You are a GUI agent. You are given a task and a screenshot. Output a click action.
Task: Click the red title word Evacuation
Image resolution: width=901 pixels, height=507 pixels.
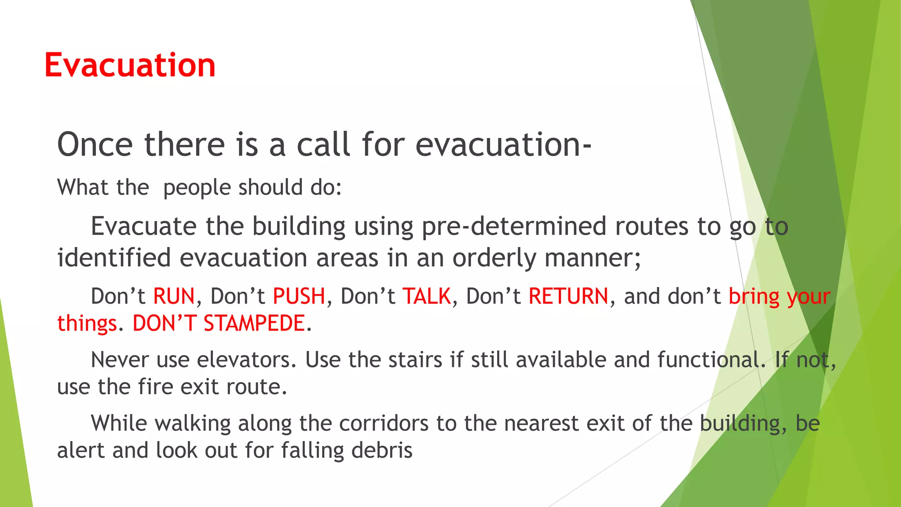[130, 65]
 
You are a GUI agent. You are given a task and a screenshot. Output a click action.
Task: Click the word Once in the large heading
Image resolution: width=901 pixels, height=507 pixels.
[95, 144]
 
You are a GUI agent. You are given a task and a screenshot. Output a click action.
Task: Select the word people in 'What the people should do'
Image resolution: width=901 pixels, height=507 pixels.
[197, 188]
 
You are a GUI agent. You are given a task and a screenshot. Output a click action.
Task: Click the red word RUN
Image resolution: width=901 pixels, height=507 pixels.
[174, 296]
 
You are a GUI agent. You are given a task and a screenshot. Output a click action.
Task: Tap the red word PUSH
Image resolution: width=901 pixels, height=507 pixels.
[299, 296]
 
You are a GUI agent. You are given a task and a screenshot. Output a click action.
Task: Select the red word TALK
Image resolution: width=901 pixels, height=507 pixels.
[427, 296]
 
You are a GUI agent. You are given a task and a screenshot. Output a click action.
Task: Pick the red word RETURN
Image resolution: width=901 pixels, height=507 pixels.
[568, 296]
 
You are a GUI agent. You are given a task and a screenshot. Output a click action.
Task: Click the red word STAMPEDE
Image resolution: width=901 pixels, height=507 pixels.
[254, 323]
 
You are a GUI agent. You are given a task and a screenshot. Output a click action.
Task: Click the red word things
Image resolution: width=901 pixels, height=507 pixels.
[87, 323]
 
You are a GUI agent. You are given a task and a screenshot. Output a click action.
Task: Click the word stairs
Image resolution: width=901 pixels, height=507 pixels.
[415, 360]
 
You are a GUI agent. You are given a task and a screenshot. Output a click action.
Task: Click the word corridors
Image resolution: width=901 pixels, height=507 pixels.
[384, 423]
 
